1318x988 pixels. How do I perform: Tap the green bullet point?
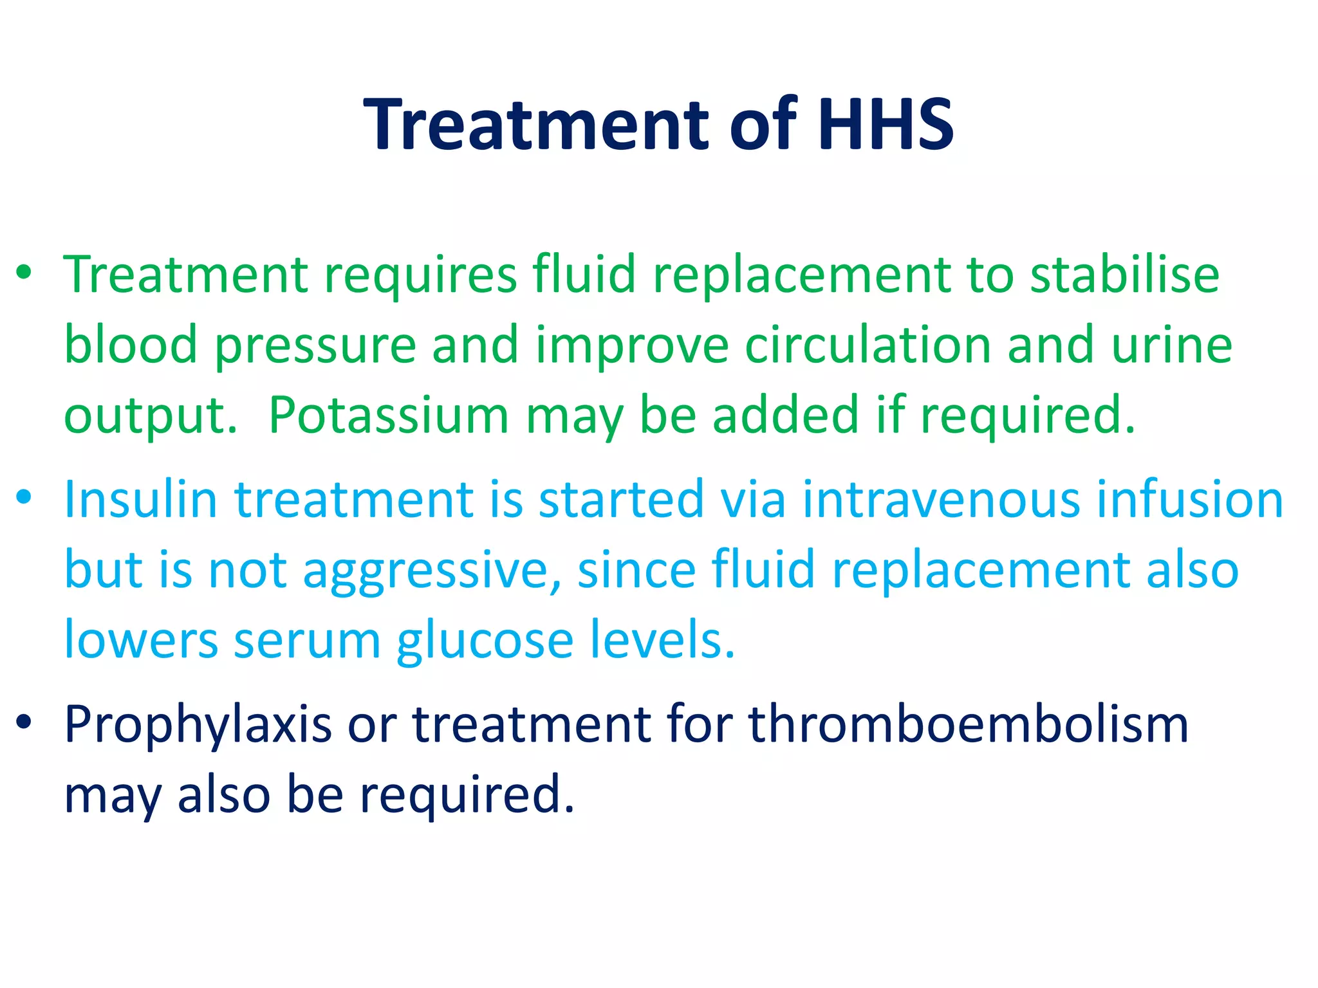click(x=24, y=273)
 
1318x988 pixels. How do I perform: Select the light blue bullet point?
click(x=24, y=497)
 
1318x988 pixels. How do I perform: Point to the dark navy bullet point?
click(x=24, y=722)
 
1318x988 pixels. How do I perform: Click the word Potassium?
click(x=389, y=416)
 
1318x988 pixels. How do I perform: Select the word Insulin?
click(x=141, y=499)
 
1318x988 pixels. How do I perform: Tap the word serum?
click(x=308, y=641)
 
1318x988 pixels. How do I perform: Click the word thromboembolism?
click(x=968, y=724)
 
